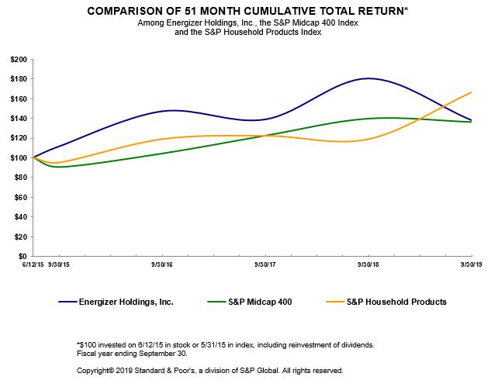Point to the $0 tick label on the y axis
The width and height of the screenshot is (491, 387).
coord(22,256)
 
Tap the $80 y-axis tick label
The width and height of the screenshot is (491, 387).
coord(20,178)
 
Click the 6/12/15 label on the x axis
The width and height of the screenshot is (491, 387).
coord(32,264)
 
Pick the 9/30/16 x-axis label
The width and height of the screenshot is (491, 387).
coord(161,264)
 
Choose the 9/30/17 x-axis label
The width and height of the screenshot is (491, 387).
coord(265,264)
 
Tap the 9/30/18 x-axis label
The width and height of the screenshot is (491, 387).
coord(368,264)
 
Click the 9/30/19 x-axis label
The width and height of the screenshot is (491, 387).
coord(471,264)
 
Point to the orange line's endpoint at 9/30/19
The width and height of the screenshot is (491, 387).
coord(472,92)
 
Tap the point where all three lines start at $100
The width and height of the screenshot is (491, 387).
coord(33,157)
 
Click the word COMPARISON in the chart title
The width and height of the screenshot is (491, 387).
coord(129,12)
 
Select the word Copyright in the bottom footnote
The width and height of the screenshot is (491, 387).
coord(95,371)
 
